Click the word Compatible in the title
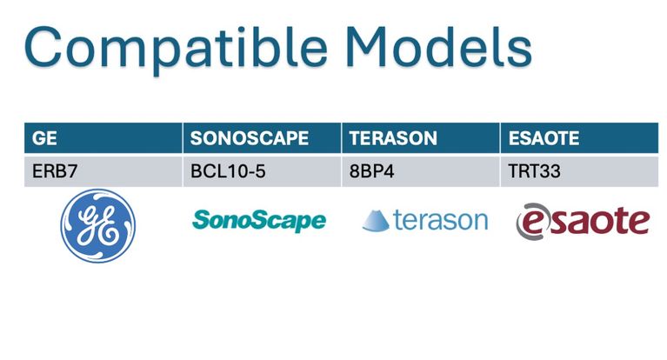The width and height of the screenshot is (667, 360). (x=176, y=49)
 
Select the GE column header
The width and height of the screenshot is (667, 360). (x=103, y=138)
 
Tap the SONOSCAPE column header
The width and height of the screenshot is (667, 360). (x=262, y=138)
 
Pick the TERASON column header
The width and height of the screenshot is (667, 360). (x=421, y=138)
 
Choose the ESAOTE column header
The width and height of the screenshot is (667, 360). (x=579, y=138)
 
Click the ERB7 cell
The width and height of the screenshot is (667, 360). (x=103, y=171)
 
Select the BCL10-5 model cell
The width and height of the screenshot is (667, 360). (x=262, y=171)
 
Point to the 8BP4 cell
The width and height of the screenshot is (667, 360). (x=421, y=171)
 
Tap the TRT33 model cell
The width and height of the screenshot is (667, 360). (x=579, y=171)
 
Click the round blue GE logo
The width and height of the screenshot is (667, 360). (x=98, y=225)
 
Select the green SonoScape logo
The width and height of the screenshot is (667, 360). (x=259, y=220)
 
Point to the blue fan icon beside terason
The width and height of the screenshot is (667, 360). (x=376, y=220)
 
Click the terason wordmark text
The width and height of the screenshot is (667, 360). (x=441, y=220)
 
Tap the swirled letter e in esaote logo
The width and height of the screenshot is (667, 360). (x=530, y=222)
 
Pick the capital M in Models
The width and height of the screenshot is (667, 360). (x=366, y=46)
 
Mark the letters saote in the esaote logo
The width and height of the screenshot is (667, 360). (x=597, y=220)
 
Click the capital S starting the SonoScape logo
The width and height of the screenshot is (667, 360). (x=202, y=220)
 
